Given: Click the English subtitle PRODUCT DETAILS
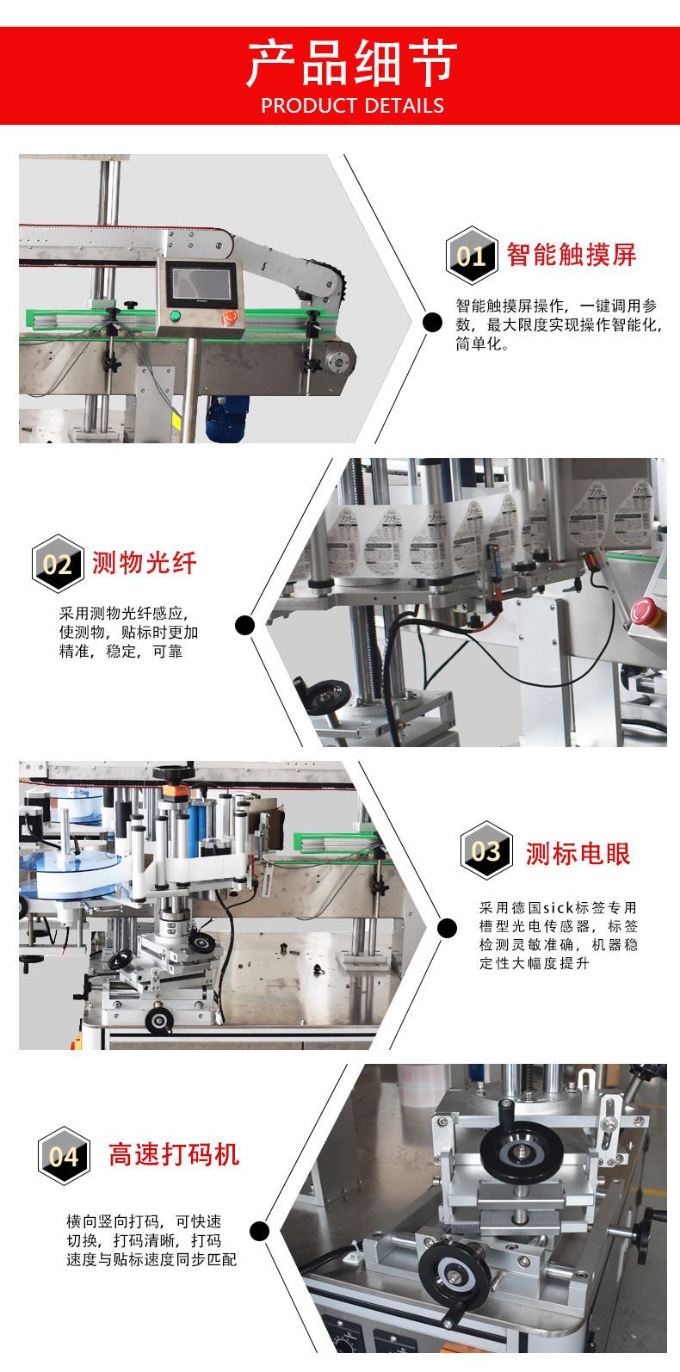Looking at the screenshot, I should coord(351,106).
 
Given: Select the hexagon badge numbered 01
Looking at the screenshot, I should coord(471,256).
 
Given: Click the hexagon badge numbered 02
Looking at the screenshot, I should coord(58,564).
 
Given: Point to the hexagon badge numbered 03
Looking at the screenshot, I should coord(485,851).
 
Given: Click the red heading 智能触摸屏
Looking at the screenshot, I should coord(572,255).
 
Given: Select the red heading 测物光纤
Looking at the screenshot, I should coord(144,564).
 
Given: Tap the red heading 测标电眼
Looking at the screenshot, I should coord(578,853).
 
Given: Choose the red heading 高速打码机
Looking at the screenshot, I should coord(174,1154).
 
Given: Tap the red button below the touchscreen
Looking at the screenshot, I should coord(230,317).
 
